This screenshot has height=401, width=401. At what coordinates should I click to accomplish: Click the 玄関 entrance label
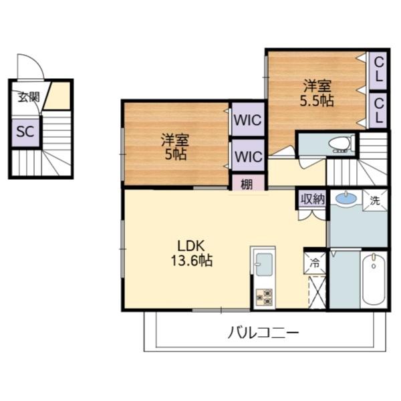[29, 97]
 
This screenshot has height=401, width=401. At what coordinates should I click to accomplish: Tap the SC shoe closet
[25, 132]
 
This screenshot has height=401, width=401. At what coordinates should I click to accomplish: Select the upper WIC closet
[248, 120]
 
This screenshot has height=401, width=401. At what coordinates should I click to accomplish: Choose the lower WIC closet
[248, 156]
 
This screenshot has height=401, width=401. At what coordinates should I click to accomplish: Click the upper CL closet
[378, 71]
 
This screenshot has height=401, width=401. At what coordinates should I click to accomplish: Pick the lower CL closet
[378, 110]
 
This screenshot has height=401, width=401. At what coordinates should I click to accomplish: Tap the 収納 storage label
[313, 199]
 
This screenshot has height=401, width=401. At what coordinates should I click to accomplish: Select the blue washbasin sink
[346, 198]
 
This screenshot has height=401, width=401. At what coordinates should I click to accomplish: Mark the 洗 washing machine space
[375, 200]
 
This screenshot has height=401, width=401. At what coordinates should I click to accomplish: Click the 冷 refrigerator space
[315, 263]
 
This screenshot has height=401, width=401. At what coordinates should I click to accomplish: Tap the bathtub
[374, 280]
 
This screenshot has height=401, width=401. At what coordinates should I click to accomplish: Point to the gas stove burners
[264, 297]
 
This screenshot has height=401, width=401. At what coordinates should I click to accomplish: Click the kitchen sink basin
[264, 265]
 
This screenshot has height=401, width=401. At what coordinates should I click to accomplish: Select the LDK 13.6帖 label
[191, 253]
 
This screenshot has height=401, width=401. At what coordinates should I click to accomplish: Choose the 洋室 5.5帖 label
[317, 94]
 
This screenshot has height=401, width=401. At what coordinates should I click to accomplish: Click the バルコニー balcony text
[263, 332]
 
